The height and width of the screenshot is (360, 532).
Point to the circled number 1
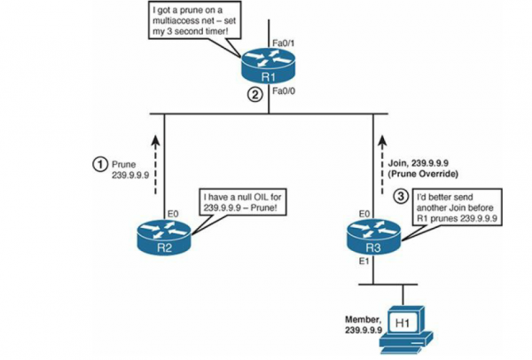[x=101, y=163]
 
